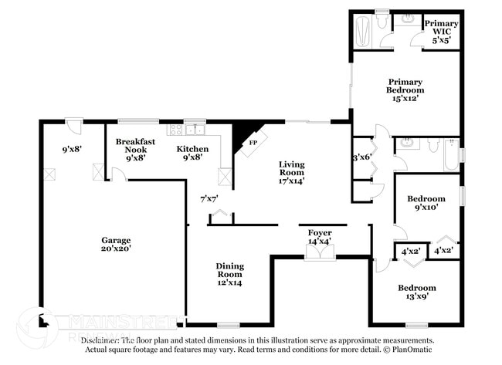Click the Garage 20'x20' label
[x=116, y=244]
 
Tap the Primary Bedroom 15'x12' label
[x=405, y=90]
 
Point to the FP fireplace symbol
[x=252, y=143]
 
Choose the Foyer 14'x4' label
[x=320, y=235]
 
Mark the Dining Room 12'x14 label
[x=229, y=274]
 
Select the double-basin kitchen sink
[x=197, y=130]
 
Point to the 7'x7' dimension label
[x=209, y=198]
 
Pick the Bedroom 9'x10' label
[x=426, y=203]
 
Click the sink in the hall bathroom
[x=407, y=144]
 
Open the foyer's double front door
[x=319, y=254]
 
